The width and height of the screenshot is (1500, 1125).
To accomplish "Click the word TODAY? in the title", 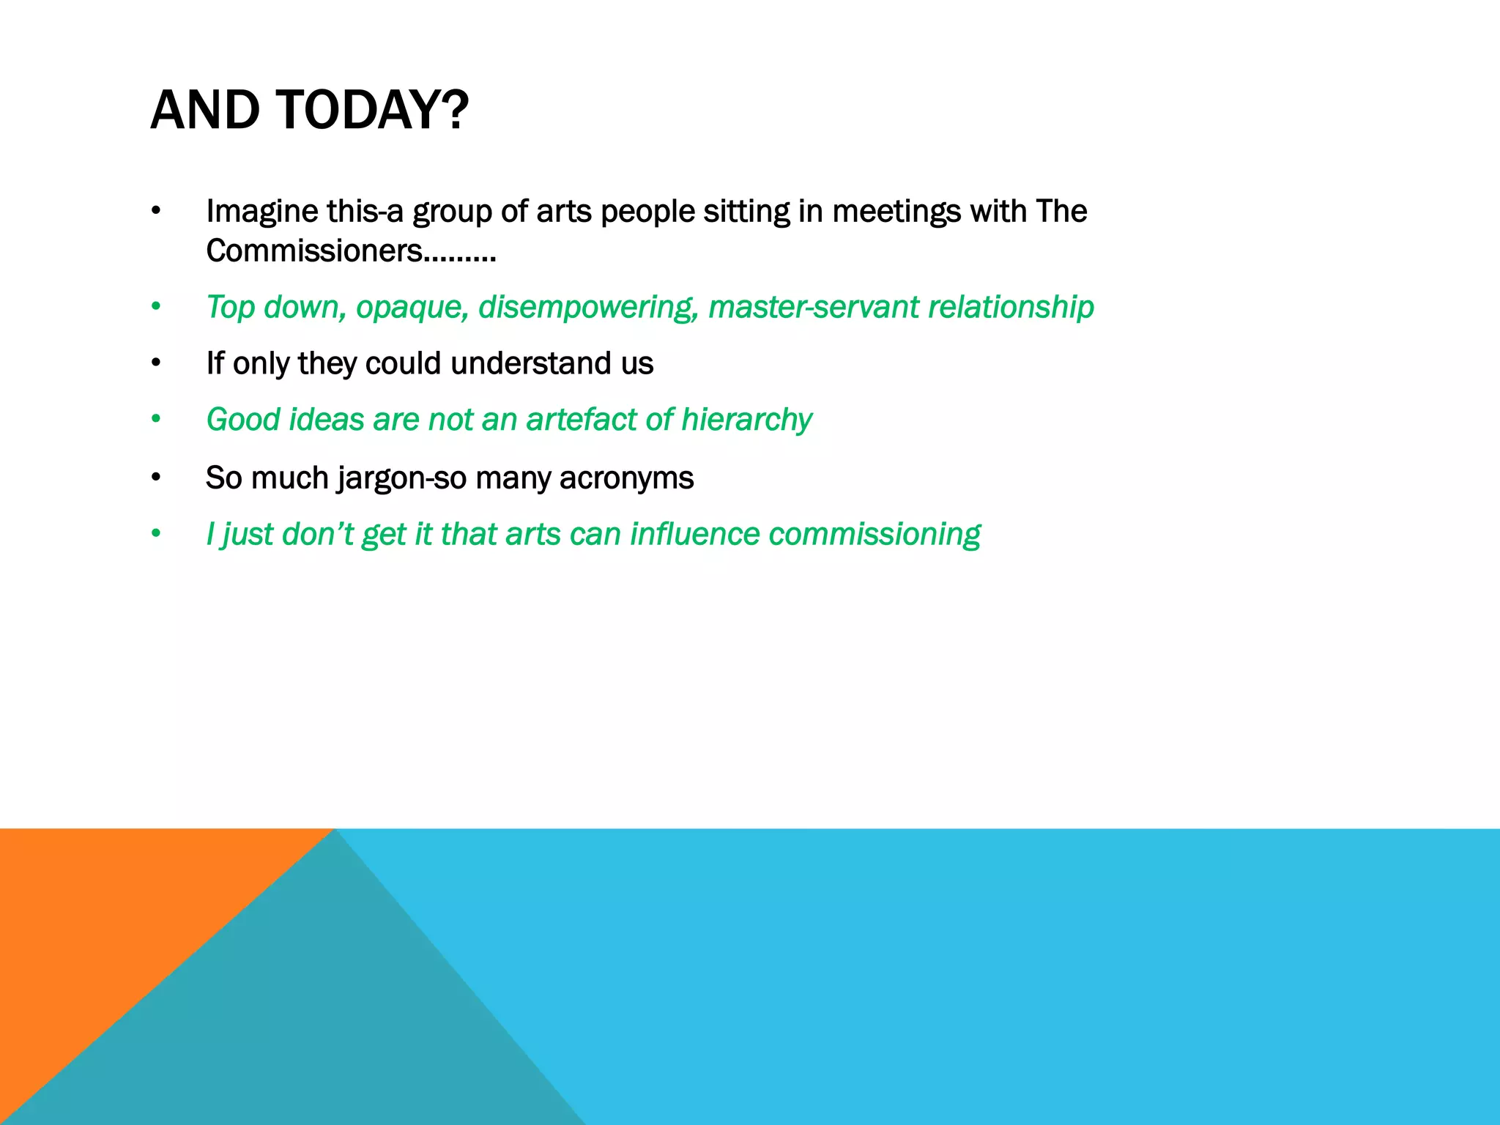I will [372, 110].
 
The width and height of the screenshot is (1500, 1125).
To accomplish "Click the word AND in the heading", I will [204, 110].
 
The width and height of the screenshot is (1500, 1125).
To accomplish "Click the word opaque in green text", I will [412, 307].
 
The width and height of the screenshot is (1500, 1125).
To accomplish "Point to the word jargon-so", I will [401, 478].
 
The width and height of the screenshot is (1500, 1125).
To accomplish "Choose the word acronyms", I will [626, 478].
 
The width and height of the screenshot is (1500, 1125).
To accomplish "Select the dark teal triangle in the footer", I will [330, 1025].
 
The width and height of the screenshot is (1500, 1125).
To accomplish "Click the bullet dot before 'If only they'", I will [155, 363].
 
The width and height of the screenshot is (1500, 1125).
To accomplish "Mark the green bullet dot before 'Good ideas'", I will [155, 420].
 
